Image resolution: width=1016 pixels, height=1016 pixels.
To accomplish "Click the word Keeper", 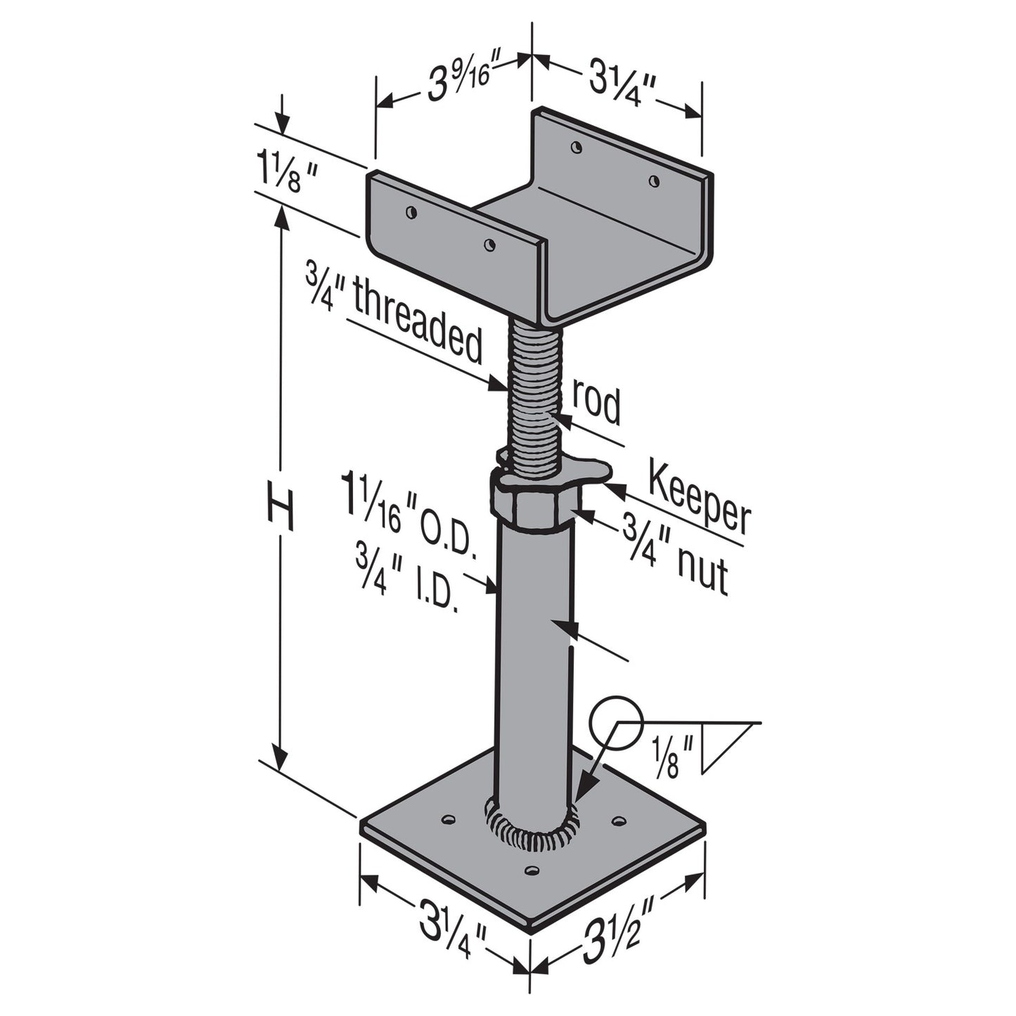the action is (x=699, y=499).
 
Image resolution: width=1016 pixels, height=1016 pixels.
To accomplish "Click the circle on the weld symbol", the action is (x=616, y=721).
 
